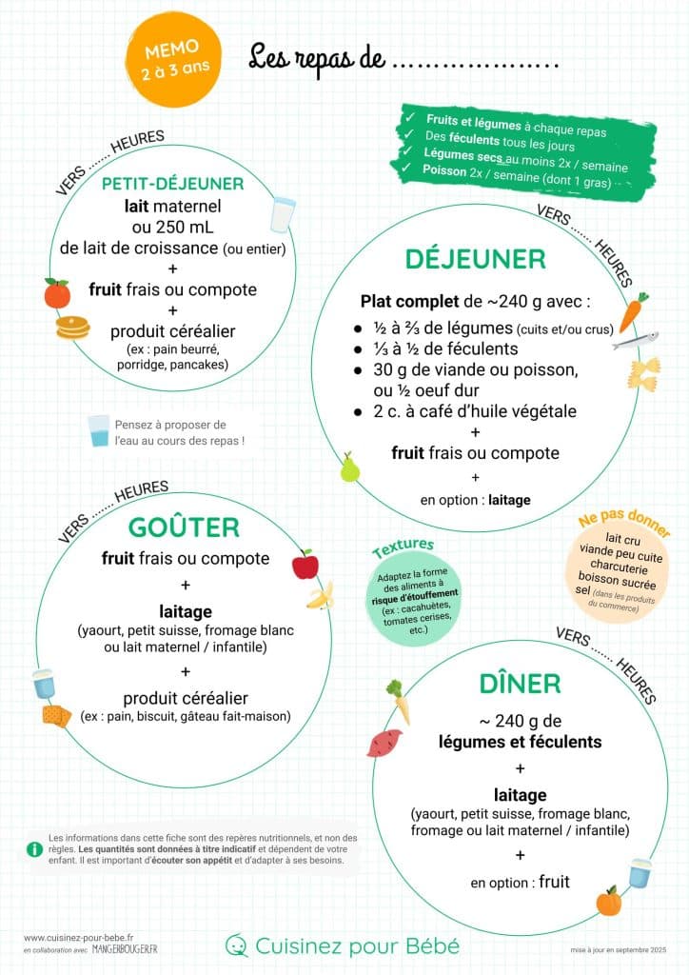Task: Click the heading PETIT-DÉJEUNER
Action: (x=172, y=184)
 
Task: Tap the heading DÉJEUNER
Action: (x=475, y=259)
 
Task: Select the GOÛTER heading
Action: (x=185, y=527)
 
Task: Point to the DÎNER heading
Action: (x=520, y=684)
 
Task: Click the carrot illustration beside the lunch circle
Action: (x=633, y=311)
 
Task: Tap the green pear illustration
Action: (x=349, y=468)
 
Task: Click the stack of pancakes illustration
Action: (x=72, y=328)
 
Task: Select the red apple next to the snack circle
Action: (x=305, y=565)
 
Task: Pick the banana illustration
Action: (x=320, y=597)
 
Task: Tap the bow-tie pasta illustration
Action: (x=642, y=372)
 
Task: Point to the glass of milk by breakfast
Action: (x=283, y=214)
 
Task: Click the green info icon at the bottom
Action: (x=34, y=848)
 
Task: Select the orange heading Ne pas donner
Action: (x=624, y=526)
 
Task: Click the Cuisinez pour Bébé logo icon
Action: (x=236, y=945)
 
